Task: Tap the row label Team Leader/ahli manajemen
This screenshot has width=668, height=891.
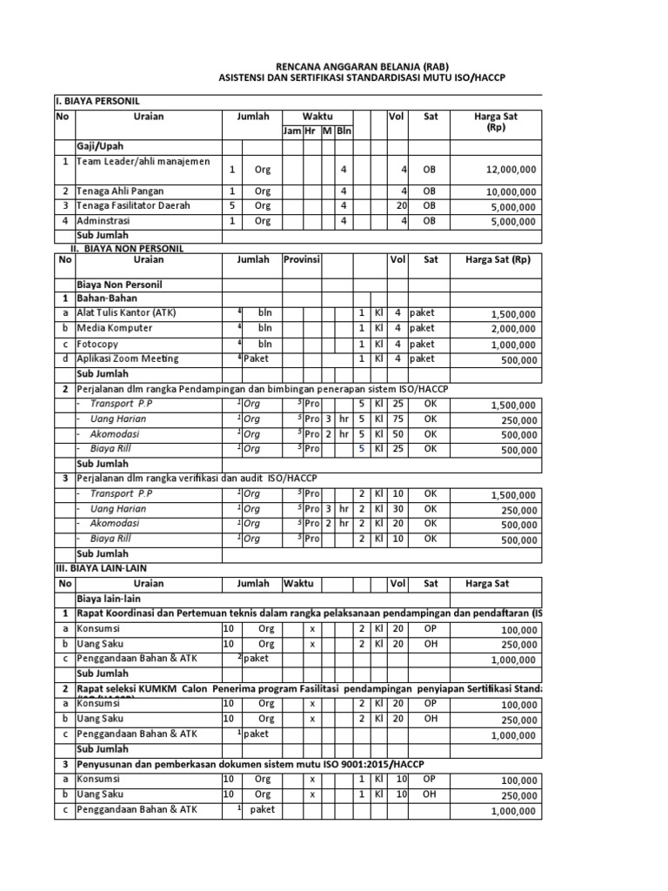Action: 143,162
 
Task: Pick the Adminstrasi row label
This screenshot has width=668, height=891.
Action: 109,221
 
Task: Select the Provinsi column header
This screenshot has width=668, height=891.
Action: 302,259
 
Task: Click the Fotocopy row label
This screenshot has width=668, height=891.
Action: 99,343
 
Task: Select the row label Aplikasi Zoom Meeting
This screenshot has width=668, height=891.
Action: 128,358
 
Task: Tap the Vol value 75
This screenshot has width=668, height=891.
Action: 397,419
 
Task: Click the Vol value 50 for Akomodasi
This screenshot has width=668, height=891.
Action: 397,433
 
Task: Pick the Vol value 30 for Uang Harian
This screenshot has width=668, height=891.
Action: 397,509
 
